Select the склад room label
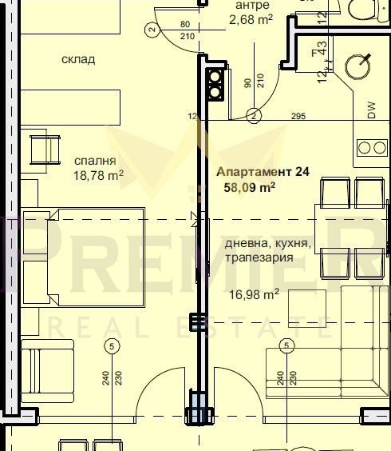78,59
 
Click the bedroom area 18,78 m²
98,174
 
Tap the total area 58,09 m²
250,187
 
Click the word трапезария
259,257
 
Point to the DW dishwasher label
371,112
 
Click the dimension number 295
298,118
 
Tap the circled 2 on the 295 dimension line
254,117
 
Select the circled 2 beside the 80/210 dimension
151,30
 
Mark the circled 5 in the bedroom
111,345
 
